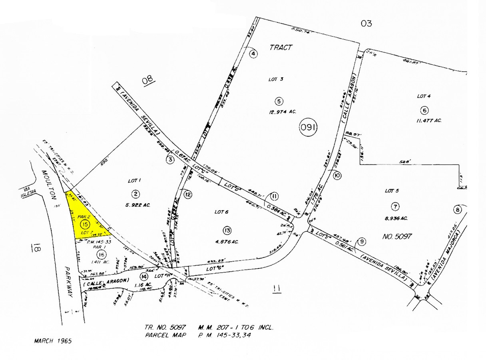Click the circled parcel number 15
tap(84, 224)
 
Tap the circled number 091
tap(309, 128)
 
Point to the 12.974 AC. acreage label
tap(282, 112)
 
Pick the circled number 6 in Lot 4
tap(424, 110)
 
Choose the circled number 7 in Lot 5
tap(395, 207)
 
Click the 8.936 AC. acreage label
tap(396, 218)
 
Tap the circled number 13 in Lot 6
tap(227, 230)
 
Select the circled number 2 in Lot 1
tap(136, 194)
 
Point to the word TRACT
tap(281, 47)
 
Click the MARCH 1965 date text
tap(53, 341)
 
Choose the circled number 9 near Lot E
tap(362, 241)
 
